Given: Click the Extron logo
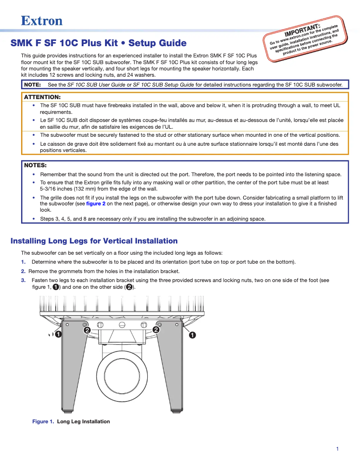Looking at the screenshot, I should pos(42,21).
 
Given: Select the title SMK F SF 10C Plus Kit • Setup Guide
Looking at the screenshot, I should pos(98,43).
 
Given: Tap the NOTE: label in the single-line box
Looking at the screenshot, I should pos(32,84).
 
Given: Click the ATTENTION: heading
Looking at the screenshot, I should pos(42,97).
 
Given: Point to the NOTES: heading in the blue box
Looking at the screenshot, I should pos(35,165).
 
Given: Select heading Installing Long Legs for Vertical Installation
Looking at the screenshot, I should pos(94,241).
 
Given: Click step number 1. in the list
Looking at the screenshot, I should pos(23,262).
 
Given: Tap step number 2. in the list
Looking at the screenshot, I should pos(23,271).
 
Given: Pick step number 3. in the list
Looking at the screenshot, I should pos(23,280).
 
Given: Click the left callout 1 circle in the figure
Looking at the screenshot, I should pos(59,335).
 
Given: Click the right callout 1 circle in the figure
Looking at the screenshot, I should pos(192,335).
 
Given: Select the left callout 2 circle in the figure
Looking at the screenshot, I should pos(87,330).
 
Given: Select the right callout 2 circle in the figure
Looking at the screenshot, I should pos(156,330).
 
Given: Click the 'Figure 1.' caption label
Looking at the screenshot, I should pos(43,422).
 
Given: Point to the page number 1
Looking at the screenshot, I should pos(337,449).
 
